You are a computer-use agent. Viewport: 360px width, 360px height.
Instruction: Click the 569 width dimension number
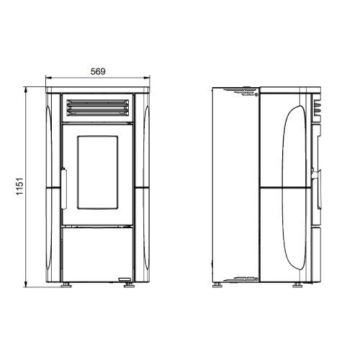98,71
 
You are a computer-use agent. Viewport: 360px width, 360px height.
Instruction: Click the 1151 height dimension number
20,186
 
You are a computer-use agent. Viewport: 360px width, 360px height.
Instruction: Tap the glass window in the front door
97,172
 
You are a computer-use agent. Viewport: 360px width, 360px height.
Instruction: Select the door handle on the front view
64,189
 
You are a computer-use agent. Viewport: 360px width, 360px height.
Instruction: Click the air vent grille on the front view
97,108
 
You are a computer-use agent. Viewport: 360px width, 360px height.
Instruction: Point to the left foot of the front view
66,285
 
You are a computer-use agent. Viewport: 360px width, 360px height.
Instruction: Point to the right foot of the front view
129,285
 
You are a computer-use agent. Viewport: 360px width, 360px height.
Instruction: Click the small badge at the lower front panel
125,279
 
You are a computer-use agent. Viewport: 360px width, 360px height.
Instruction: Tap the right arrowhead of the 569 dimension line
146,78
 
